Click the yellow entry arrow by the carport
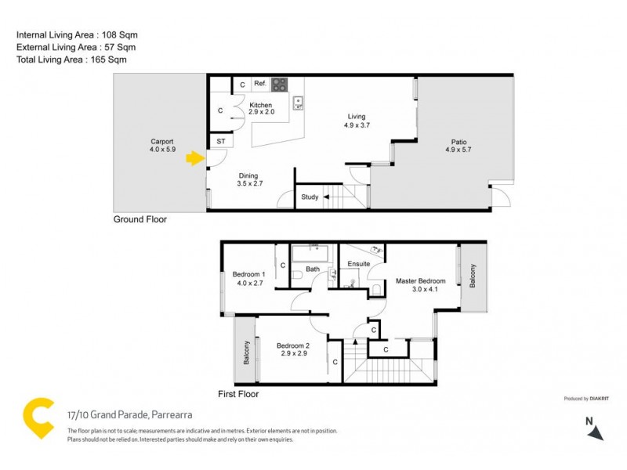[193, 160]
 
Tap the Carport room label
[162, 142]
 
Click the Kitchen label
[260, 105]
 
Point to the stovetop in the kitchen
[278, 85]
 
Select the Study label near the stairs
[310, 197]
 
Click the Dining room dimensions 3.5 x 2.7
[248, 185]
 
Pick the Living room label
[357, 117]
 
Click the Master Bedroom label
[420, 281]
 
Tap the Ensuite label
[359, 264]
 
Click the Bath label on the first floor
[313, 269]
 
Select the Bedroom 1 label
[248, 274]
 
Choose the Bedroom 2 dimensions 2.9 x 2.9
[292, 354]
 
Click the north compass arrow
[596, 432]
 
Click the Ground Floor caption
[140, 220]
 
